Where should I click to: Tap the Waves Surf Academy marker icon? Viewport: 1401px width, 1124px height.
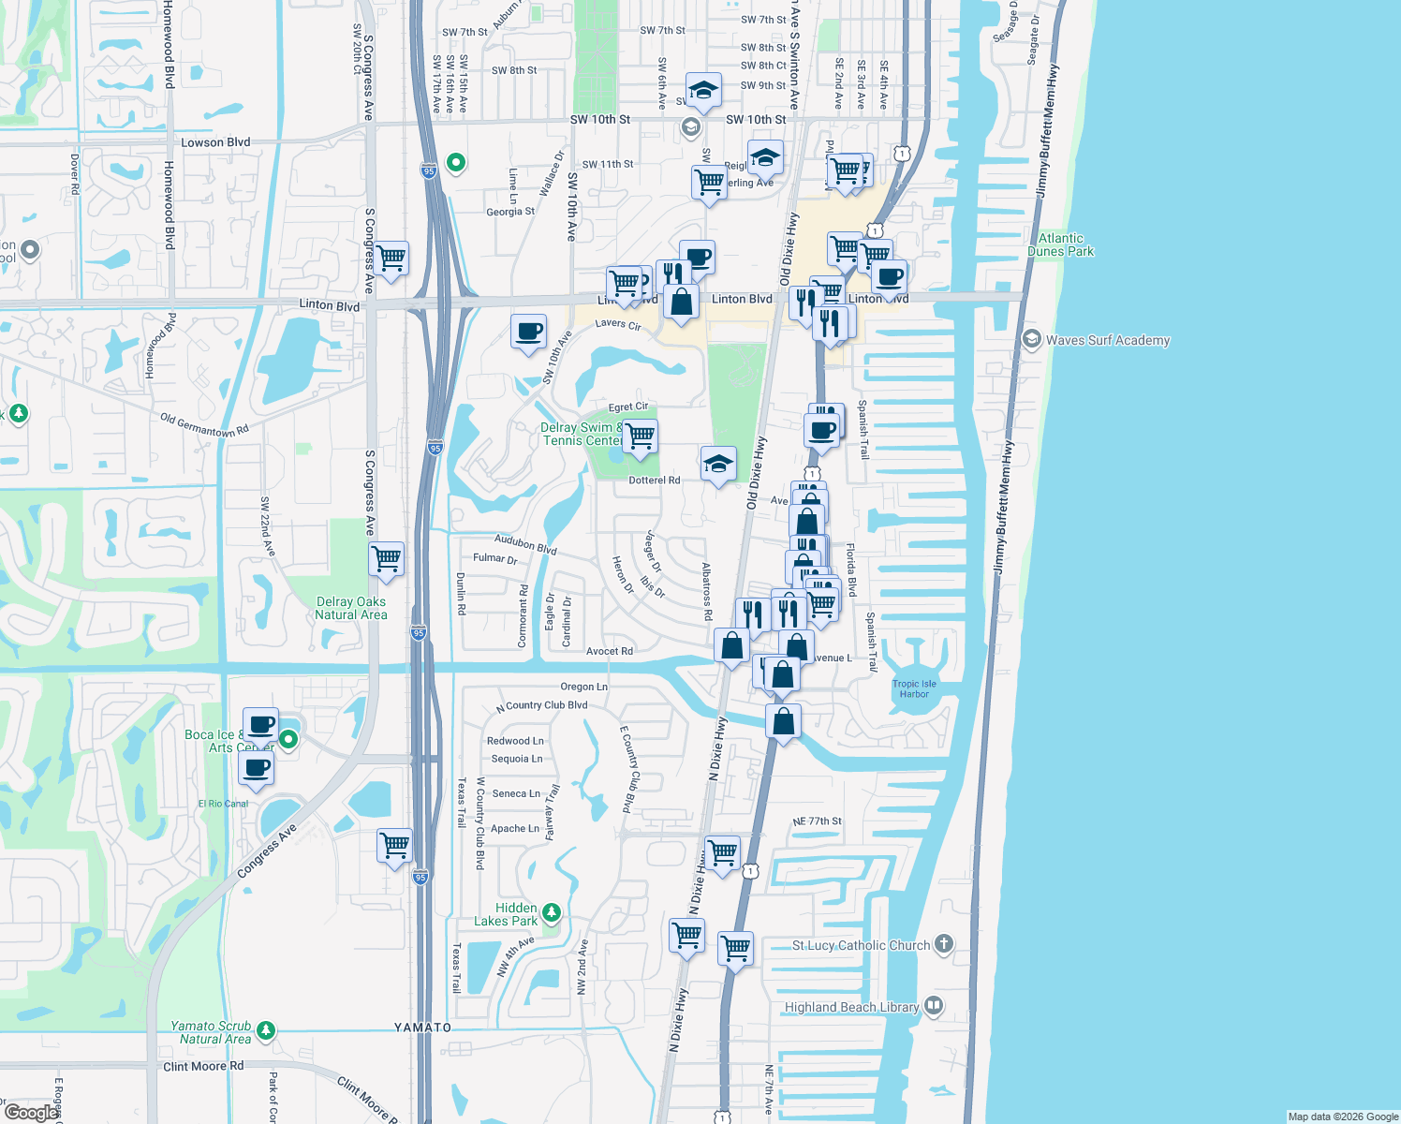point(1032,339)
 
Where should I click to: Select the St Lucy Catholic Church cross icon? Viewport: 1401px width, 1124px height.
point(944,944)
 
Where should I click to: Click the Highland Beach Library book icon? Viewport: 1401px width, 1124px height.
point(934,1006)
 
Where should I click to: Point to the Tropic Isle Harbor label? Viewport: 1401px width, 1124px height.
point(914,688)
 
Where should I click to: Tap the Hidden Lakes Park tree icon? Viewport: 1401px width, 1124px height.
point(552,911)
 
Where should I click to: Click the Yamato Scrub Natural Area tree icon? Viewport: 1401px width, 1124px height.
point(266,1030)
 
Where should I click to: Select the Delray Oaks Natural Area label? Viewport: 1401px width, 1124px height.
point(351,608)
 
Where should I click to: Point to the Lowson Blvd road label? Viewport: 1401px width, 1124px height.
point(215,142)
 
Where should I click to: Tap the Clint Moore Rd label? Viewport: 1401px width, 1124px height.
point(203,1066)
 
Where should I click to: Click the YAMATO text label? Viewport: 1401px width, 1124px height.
point(422,1028)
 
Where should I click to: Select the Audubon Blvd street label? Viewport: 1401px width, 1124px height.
point(525,544)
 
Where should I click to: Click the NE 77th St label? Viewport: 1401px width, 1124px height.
point(817,821)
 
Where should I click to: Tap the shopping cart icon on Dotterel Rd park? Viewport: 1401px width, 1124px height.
point(641,436)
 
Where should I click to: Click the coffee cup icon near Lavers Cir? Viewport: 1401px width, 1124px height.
point(529,331)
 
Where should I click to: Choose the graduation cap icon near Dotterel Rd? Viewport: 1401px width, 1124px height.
point(718,463)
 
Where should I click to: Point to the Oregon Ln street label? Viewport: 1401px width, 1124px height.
point(583,687)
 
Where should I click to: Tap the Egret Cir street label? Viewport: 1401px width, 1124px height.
point(628,407)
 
